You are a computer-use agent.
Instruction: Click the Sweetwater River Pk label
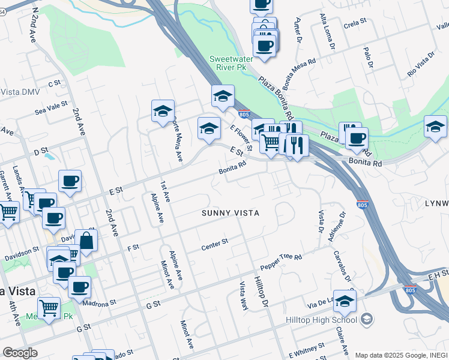228,63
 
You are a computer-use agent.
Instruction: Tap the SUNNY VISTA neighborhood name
231,213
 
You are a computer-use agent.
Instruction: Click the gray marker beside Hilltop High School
368,318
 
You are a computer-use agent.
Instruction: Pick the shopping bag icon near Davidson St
86,241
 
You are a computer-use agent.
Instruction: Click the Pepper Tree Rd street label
281,261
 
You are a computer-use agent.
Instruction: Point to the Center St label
215,242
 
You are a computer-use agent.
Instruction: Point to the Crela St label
355,22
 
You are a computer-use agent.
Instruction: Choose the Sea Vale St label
50,107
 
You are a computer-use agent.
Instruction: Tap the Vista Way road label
244,295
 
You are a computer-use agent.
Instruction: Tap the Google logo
20,353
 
